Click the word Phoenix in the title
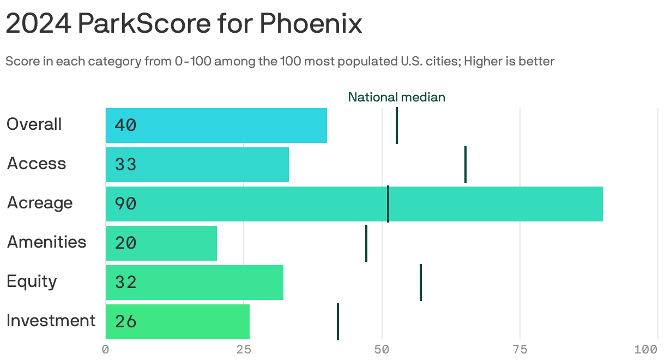click(x=310, y=24)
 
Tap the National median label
click(x=396, y=97)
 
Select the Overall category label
click(x=34, y=124)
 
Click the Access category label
click(x=36, y=164)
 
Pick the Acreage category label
click(x=39, y=203)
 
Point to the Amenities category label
click(x=46, y=242)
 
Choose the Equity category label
click(x=32, y=281)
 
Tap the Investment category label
click(x=51, y=321)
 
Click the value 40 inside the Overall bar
click(x=125, y=125)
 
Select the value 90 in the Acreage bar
click(x=125, y=204)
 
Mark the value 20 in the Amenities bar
click(x=125, y=243)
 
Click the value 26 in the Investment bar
click(x=125, y=322)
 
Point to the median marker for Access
click(x=465, y=165)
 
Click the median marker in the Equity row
click(x=421, y=283)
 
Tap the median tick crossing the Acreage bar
click(x=388, y=204)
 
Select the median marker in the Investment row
click(x=338, y=322)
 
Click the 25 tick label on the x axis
click(x=243, y=350)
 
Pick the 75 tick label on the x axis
click(x=520, y=350)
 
